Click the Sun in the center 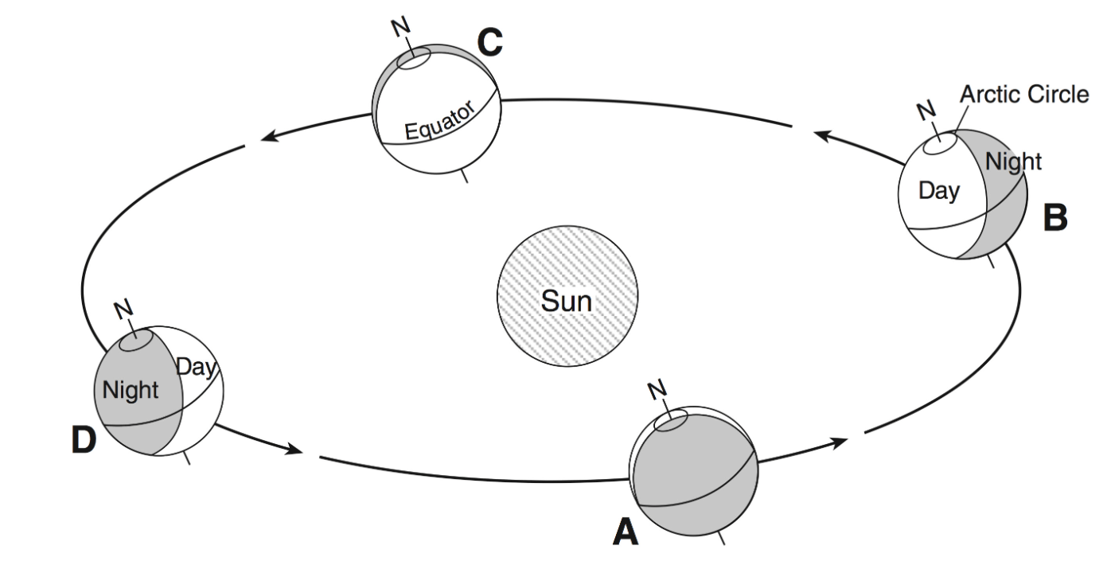(567, 300)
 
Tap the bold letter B (1055, 217)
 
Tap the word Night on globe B (1012, 162)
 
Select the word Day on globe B (939, 191)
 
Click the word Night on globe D (131, 391)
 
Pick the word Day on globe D (196, 367)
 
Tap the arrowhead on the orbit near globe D (294, 450)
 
